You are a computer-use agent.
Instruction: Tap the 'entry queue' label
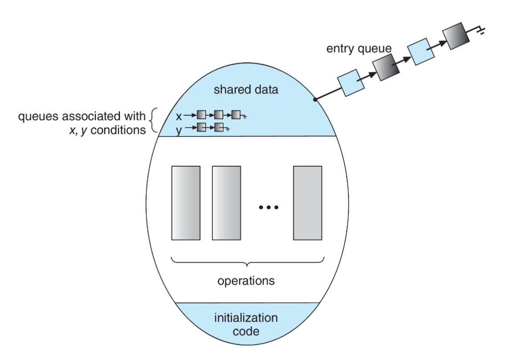point(359,49)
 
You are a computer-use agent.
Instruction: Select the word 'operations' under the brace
point(246,281)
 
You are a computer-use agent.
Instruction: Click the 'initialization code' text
point(246,324)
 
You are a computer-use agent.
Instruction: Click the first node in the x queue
point(201,116)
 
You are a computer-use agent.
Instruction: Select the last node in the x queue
point(236,116)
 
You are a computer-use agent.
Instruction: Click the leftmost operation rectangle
point(186,203)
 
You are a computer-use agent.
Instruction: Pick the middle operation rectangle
point(226,203)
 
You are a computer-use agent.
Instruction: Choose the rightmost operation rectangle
point(307,203)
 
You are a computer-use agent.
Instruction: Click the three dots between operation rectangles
point(269,207)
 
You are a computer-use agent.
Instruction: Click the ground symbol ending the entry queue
point(480,30)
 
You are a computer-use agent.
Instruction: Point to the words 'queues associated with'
point(82,117)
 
